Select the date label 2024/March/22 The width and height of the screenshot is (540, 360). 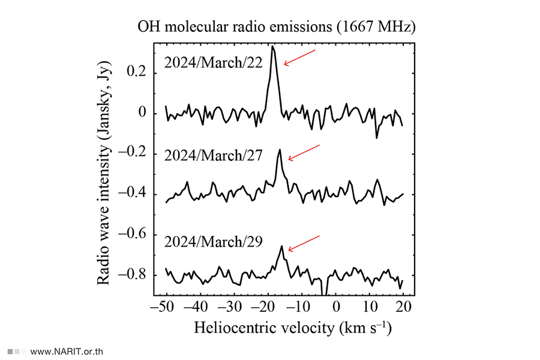[214, 64]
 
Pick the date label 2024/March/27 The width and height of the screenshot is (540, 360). [214, 156]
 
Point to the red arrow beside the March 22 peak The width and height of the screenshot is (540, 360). [299, 58]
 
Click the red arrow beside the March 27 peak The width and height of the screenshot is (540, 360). [304, 152]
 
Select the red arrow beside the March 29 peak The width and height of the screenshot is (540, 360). [304, 242]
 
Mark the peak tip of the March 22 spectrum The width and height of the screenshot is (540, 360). [273, 46]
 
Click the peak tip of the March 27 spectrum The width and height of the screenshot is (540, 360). [280, 150]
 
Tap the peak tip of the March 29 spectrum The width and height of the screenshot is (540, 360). [281, 246]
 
